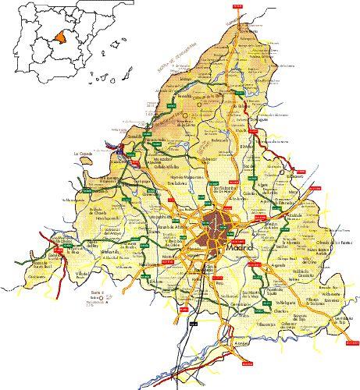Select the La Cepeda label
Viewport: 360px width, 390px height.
click(x=84, y=153)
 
